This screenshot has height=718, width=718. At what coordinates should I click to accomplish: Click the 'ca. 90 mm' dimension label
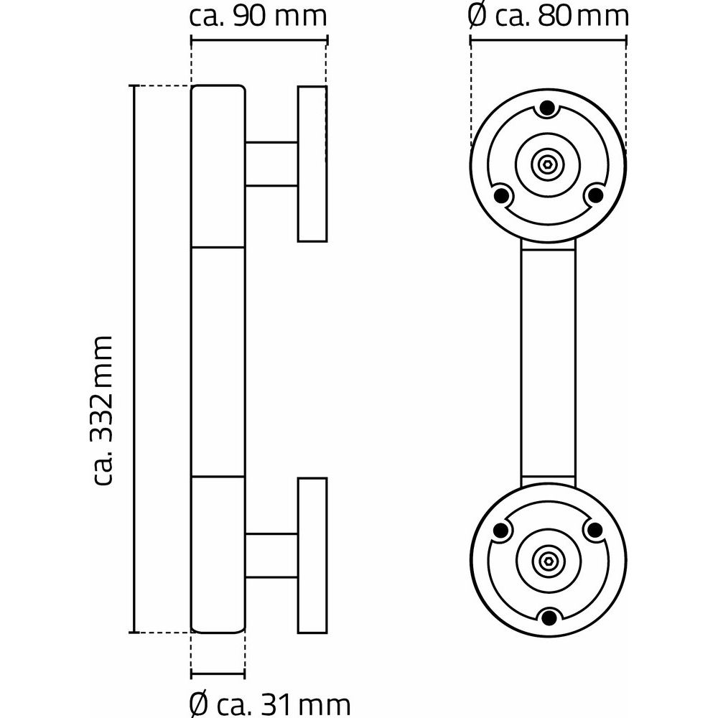click(258, 17)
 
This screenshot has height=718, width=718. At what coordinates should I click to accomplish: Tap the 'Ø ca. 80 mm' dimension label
click(548, 17)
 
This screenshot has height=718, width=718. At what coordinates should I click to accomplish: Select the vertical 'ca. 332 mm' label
click(103, 410)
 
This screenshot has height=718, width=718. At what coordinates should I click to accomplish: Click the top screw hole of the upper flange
click(548, 108)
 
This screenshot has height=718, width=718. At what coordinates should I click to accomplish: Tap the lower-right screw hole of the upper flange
click(594, 194)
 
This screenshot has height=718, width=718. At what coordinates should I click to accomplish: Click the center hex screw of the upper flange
click(548, 164)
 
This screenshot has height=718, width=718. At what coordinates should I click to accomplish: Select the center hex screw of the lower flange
click(548, 560)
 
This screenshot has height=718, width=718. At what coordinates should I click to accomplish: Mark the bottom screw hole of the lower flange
click(548, 616)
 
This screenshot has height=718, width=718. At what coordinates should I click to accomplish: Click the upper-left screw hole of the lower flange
click(501, 531)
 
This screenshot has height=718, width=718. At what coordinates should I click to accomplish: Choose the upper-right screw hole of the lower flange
click(594, 531)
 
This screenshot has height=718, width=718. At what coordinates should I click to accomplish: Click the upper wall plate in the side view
click(312, 164)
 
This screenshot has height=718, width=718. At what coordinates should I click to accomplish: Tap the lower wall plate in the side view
click(312, 555)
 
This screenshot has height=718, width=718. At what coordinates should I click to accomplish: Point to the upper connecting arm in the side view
click(271, 164)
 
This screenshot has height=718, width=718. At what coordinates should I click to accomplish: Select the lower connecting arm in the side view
click(271, 556)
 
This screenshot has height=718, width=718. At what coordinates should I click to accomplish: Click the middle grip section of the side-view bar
click(218, 361)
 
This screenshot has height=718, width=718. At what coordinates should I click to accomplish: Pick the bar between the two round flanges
click(548, 363)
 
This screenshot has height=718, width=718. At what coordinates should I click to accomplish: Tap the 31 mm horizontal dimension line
click(218, 675)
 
